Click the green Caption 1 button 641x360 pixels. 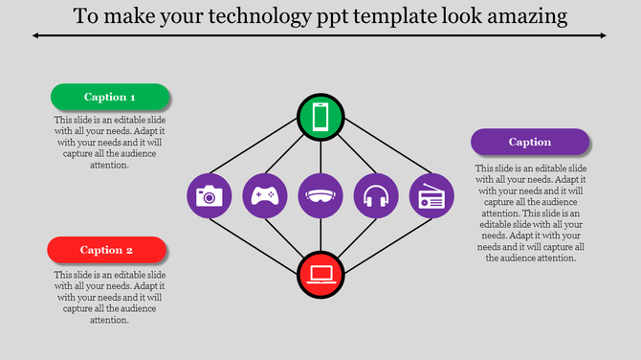[x=109, y=97]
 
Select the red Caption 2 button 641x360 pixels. [x=107, y=250]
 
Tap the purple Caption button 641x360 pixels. [x=529, y=142]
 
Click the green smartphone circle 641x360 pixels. [x=320, y=117]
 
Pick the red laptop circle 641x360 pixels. [x=320, y=274]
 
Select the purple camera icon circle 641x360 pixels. [x=209, y=196]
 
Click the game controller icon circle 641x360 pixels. [x=264, y=196]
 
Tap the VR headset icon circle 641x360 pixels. [x=320, y=196]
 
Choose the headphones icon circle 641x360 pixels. [x=376, y=196]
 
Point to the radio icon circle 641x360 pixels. [x=431, y=196]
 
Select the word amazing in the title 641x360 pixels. [x=523, y=17]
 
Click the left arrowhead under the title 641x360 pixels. [x=36, y=35]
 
